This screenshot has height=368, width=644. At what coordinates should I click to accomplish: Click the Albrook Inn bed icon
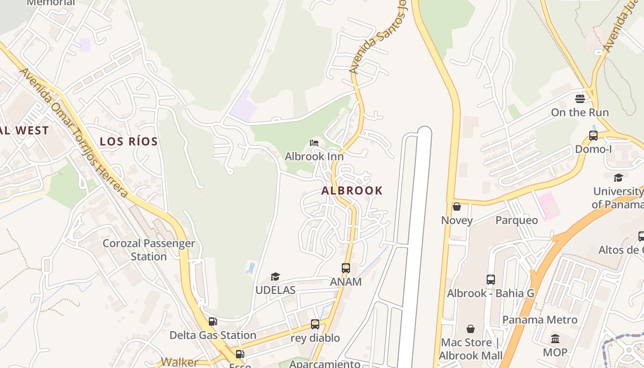tap(314, 143)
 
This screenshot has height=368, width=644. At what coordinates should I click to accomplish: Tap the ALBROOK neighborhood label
tap(352, 190)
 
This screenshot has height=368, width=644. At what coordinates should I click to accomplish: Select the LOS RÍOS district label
tap(129, 141)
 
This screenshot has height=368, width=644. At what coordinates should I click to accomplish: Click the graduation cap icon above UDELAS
tap(275, 276)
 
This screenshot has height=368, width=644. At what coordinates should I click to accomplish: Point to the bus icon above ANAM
tap(345, 268)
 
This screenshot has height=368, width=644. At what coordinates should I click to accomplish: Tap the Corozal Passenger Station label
tap(149, 250)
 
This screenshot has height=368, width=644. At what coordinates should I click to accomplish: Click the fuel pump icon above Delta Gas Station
tap(213, 322)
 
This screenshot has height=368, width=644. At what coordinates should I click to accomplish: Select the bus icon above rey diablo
tap(315, 324)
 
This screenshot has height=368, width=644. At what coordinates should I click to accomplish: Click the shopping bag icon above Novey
tap(457, 207)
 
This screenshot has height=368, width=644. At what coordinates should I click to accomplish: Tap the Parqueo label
tap(517, 220)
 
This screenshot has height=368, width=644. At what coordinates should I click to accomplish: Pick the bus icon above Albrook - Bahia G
tap(490, 279)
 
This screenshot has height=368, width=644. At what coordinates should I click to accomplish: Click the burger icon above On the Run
tap(580, 98)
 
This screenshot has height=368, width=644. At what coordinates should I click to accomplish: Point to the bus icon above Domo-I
tap(593, 136)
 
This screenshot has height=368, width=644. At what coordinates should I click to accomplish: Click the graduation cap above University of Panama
tap(618, 178)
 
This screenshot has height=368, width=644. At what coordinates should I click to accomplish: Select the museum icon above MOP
tap(555, 339)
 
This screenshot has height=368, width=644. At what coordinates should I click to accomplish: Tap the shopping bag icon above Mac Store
tap(470, 329)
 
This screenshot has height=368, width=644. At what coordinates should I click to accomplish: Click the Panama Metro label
tap(540, 320)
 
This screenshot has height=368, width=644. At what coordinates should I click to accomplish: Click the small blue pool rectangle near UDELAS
tap(251, 267)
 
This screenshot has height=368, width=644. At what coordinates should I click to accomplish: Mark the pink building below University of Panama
tap(547, 206)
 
